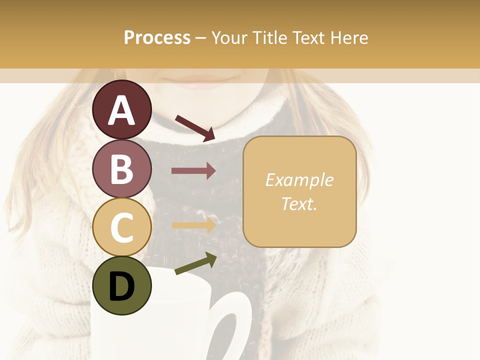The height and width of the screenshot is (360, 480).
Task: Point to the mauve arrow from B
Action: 193,171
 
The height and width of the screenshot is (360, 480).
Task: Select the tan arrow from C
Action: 193,225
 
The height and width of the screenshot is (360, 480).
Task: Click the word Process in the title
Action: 157,37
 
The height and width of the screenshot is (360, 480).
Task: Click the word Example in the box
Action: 299,180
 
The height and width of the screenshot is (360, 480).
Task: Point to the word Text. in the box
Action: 299,203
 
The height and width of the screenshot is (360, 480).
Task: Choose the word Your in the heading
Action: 228,37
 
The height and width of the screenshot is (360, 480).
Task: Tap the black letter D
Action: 121,286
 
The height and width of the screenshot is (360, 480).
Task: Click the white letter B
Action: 121,169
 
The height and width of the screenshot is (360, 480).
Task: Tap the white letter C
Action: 121,228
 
